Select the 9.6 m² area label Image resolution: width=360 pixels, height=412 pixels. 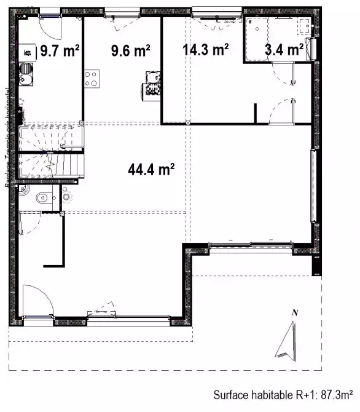tap(130, 50)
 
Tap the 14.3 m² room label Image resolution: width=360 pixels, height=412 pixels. tap(206, 49)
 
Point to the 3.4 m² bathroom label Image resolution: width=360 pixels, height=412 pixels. tap(283, 49)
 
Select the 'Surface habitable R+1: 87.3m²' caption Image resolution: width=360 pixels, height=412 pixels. tap(283, 394)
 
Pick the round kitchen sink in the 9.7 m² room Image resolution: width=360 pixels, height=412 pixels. tap(25, 79)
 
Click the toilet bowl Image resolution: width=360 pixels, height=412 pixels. tap(41, 197)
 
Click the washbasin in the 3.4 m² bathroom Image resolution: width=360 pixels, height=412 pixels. tap(303, 26)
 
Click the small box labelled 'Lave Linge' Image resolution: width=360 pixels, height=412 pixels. tap(26, 53)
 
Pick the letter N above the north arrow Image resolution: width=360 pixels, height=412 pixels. tap(294, 313)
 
